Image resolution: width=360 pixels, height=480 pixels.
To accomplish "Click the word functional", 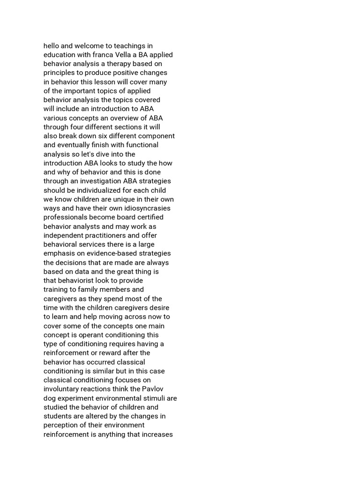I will coord(139,145).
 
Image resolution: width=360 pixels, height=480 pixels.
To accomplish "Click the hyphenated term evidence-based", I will coord(107,253).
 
